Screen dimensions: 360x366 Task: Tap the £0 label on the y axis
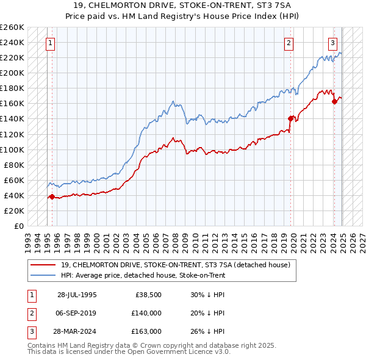pos(20,226)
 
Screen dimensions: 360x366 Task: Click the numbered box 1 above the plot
pos(49,43)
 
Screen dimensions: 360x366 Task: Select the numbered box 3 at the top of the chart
pos(333,43)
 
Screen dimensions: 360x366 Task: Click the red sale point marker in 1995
pos(52,196)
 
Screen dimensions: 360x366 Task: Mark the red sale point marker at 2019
pos(290,118)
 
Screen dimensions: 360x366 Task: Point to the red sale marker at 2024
pos(335,101)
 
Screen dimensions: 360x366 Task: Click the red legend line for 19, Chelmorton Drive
pos(43,265)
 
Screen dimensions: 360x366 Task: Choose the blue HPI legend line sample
pos(43,275)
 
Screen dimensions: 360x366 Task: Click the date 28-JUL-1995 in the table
pos(77,294)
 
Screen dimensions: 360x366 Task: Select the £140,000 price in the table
pos(146,313)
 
